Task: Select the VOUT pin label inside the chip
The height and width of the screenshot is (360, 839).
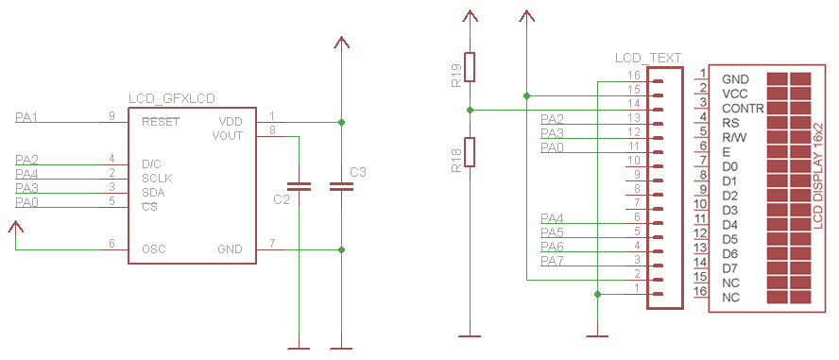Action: pyautogui.click(x=227, y=136)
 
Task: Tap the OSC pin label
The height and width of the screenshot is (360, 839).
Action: pyautogui.click(x=155, y=249)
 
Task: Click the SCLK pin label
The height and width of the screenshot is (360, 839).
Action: pyautogui.click(x=158, y=178)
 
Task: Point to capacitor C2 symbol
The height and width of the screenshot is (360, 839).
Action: pyautogui.click(x=299, y=187)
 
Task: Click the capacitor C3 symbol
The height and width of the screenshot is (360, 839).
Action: pyautogui.click(x=341, y=187)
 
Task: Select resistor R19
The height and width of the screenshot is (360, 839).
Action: pyautogui.click(x=470, y=67)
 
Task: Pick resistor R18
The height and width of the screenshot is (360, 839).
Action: pyautogui.click(x=470, y=152)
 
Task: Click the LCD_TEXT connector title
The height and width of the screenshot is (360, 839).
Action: pyautogui.click(x=647, y=58)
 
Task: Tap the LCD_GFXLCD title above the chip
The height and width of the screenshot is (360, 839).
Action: pyautogui.click(x=171, y=99)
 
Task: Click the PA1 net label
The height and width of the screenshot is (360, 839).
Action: pyautogui.click(x=26, y=117)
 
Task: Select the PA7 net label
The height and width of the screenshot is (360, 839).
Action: pyautogui.click(x=552, y=260)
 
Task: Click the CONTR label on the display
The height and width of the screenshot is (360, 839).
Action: pyautogui.click(x=743, y=109)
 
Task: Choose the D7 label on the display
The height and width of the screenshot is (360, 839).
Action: pyautogui.click(x=729, y=268)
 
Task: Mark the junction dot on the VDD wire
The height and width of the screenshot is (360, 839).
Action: pyautogui.click(x=341, y=122)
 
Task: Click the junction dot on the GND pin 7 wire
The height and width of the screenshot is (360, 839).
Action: pyautogui.click(x=341, y=249)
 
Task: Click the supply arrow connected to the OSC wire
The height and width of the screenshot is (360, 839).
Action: pyautogui.click(x=15, y=229)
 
